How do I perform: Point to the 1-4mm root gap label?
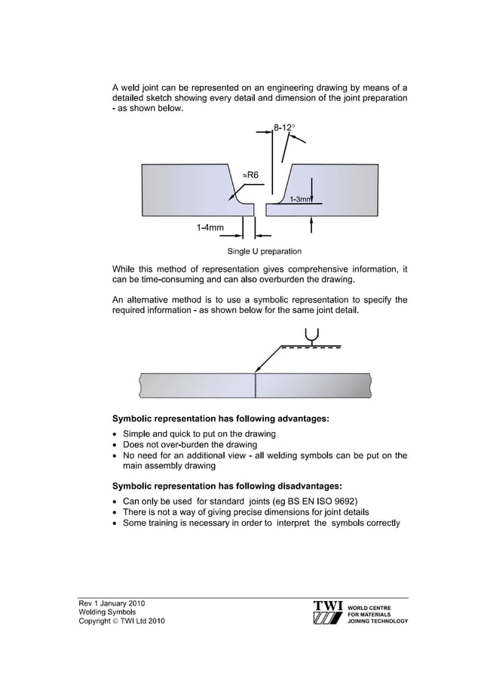[209, 227]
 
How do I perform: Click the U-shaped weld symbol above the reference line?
[311, 335]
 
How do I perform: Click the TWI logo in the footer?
[329, 614]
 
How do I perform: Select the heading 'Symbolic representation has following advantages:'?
[220, 418]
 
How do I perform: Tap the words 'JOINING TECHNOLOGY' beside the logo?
[378, 621]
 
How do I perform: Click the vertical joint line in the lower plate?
[256, 386]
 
